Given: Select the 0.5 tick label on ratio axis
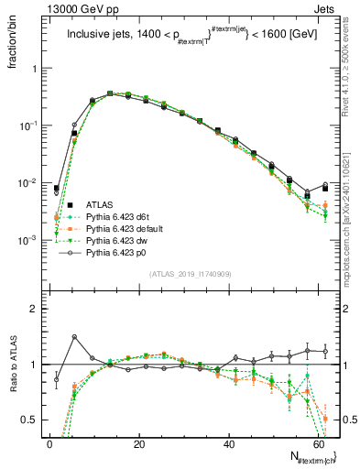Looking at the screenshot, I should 31,420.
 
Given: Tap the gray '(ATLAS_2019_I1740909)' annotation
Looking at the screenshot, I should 190,275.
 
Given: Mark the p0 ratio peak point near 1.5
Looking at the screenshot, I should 74,337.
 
